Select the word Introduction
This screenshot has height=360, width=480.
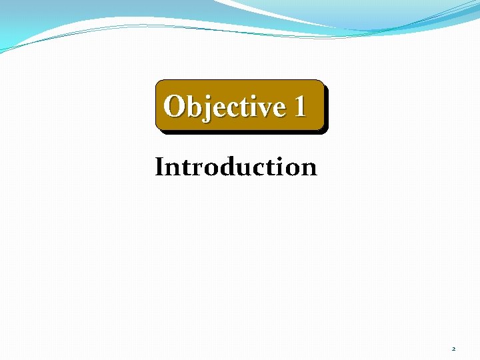point(236,167)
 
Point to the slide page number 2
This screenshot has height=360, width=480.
point(453,349)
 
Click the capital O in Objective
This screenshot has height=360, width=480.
point(175,106)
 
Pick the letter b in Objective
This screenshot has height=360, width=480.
point(193,106)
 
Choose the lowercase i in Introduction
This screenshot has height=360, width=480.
point(281,167)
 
